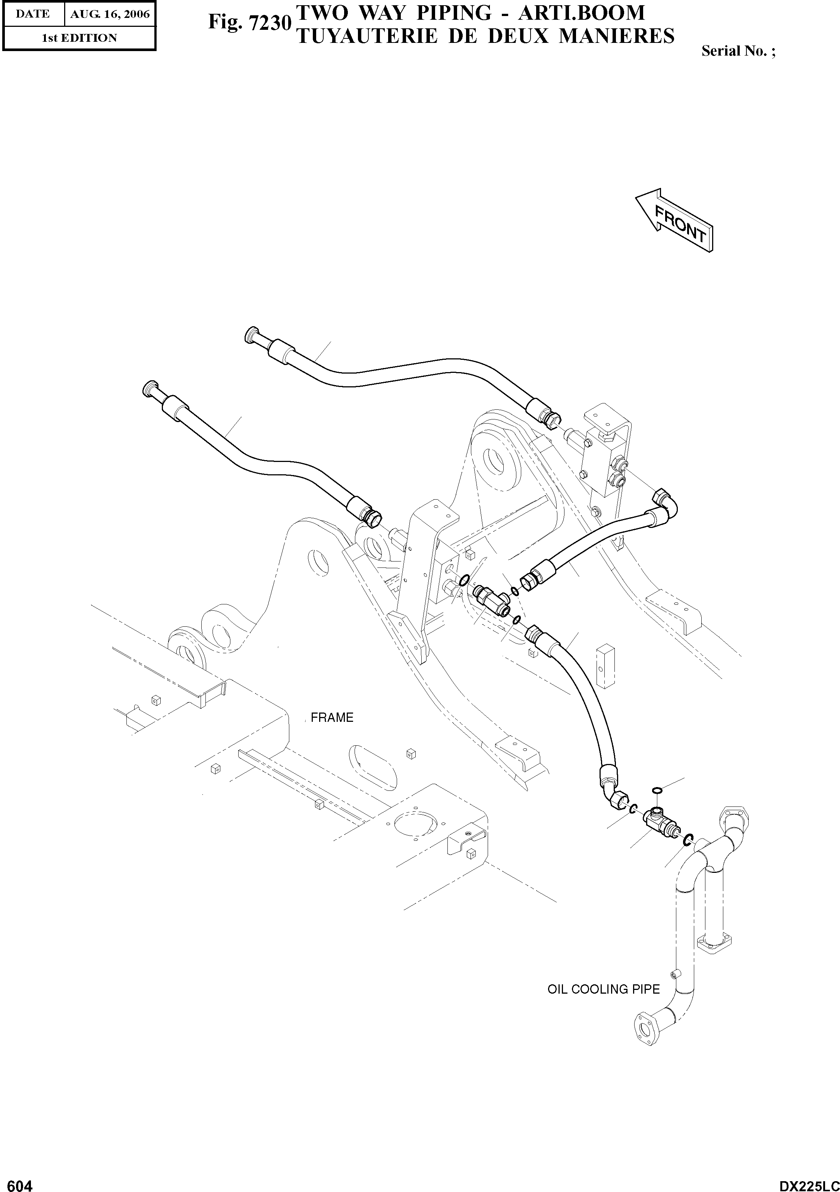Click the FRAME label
pyautogui.click(x=332, y=717)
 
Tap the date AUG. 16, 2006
pyautogui.click(x=110, y=14)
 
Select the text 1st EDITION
pyautogui.click(x=79, y=38)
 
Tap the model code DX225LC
pyautogui.click(x=808, y=1182)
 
